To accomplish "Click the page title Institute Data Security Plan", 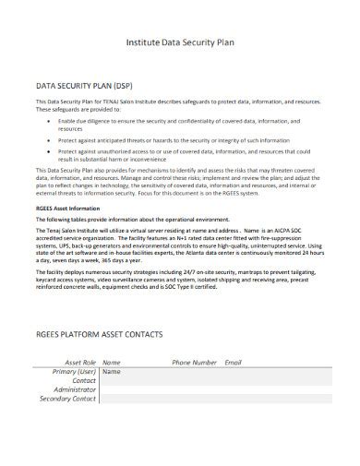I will [179, 42].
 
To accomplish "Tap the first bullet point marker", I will [48, 121].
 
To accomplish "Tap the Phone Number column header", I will [195, 363].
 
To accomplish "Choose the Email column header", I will [234, 363].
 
